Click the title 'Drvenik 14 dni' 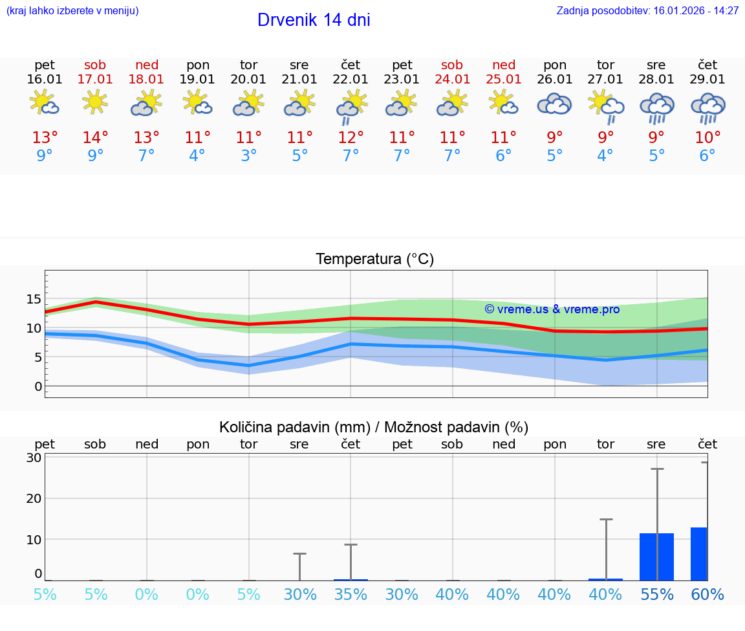pos(314,20)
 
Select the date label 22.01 pos(351,79)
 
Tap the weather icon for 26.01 pos(554,104)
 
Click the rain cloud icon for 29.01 pos(707,107)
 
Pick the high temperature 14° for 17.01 pos(95,138)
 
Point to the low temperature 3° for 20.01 pos(249,156)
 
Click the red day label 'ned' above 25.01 pos(504,65)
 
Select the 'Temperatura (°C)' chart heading pos(374,260)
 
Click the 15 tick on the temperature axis pos(34,299)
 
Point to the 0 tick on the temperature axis pos(38,386)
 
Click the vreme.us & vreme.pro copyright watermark pos(552,309)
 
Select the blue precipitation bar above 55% pos(656,557)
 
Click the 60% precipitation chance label pos(707,595)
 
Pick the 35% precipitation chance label pos(351,595)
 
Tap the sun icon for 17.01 pos(95,102)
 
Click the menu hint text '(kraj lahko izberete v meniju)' pos(72,10)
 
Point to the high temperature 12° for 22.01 pos(351,138)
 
